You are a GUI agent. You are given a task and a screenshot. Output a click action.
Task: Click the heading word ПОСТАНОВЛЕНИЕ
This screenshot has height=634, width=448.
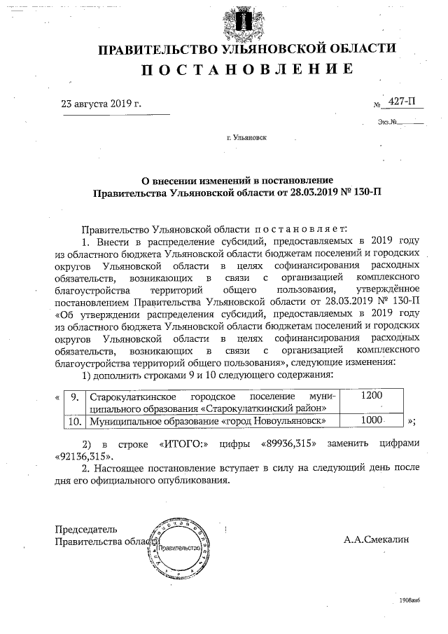coord(246,69)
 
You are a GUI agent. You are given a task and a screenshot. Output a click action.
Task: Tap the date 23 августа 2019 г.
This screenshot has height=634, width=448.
coord(101,104)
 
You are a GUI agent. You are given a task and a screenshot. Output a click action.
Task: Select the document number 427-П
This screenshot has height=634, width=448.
coord(401,103)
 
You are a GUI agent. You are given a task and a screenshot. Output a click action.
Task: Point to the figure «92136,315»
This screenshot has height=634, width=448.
coord(82,455)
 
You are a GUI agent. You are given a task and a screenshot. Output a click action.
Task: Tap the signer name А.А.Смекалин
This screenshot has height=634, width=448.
coord(377,540)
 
